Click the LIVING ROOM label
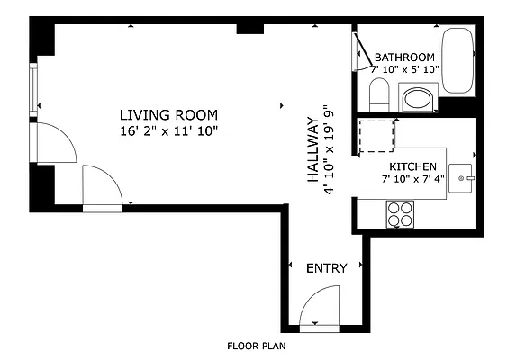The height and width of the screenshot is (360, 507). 168,115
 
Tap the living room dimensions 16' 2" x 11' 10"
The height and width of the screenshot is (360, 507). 168,131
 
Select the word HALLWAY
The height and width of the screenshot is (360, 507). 312,149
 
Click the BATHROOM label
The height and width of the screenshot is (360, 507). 404,58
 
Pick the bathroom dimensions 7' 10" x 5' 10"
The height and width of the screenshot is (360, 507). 404,69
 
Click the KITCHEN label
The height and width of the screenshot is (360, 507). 413,166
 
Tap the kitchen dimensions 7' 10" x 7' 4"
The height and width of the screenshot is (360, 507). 413,179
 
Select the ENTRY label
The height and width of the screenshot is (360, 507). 327,268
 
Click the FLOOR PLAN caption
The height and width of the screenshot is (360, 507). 257,346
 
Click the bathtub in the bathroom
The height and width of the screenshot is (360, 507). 457,61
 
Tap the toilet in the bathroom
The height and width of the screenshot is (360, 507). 379,95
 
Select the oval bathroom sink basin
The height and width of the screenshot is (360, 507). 418,99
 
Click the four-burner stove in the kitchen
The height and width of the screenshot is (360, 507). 400,214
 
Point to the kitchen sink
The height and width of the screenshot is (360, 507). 460,179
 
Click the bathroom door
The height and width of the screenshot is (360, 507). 363,49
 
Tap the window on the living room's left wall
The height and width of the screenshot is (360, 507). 33,90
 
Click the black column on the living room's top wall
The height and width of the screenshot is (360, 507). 250,29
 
